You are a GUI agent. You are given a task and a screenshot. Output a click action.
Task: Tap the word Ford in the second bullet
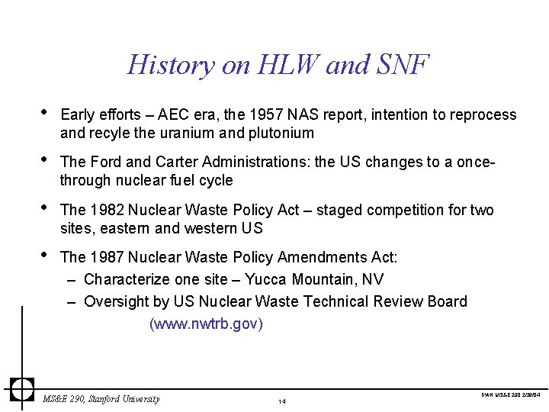(103, 163)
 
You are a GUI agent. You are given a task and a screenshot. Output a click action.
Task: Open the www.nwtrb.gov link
(206, 324)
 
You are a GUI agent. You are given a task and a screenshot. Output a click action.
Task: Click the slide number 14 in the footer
(282, 401)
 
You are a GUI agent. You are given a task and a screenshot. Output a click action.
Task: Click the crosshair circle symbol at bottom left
(22, 388)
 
